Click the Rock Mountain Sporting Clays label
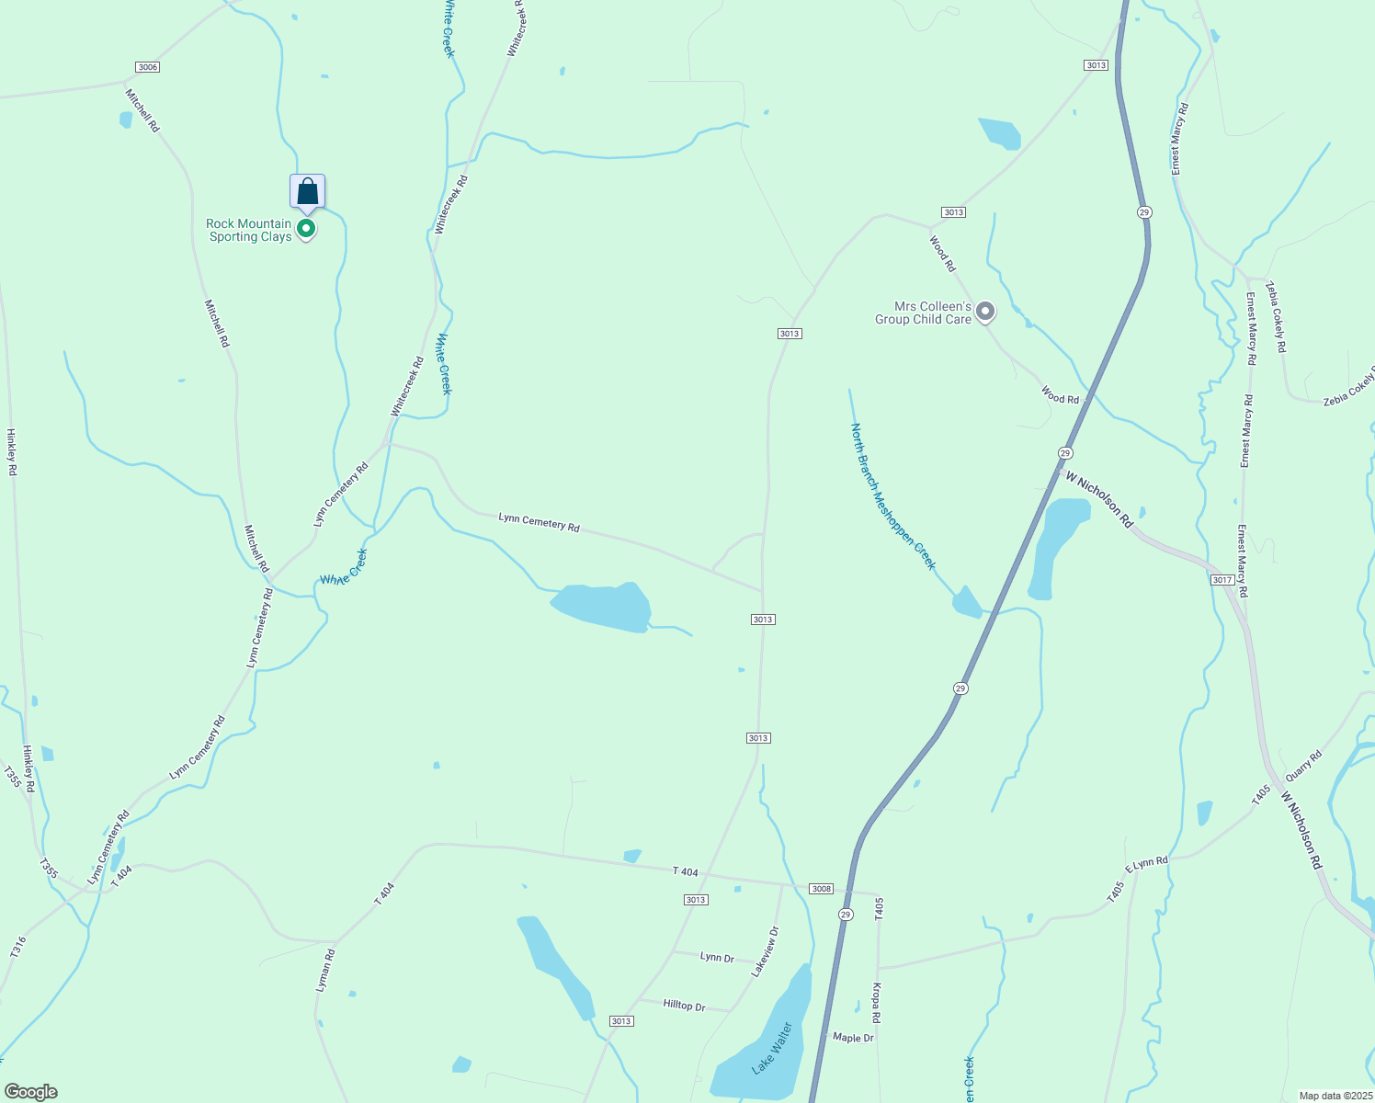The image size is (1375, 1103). click(x=249, y=230)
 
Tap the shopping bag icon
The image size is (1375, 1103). click(x=308, y=191)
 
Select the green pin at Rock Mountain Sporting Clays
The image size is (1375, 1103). click(x=307, y=228)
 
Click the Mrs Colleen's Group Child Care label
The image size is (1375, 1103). click(x=923, y=313)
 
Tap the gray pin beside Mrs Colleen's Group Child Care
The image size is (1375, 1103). click(x=985, y=313)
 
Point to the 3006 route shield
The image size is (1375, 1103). click(x=147, y=67)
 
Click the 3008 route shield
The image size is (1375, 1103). click(x=821, y=889)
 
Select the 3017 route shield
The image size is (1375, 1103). click(x=1222, y=580)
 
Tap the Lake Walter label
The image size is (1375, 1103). click(x=771, y=1048)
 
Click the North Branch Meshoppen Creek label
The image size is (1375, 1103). click(x=892, y=496)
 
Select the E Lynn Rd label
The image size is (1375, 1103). click(x=1146, y=864)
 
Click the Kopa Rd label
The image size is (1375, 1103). click(x=877, y=1004)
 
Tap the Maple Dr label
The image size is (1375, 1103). click(x=853, y=1038)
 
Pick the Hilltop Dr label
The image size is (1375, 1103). click(x=684, y=1006)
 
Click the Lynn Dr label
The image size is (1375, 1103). click(x=717, y=958)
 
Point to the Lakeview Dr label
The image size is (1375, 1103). click(x=765, y=950)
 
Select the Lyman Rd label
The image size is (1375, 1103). click(x=324, y=969)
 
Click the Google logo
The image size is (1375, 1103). click(x=30, y=1092)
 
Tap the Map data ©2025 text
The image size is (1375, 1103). click(x=1334, y=1096)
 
